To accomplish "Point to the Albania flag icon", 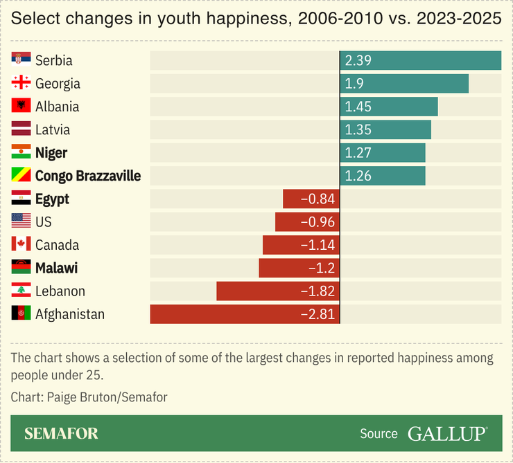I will pos(21,107).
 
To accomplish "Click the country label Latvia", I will pos(53,129).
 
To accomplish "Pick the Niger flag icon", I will pos(21,152).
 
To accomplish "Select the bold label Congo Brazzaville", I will pos(88,176).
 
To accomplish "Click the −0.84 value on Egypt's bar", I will pos(318,199).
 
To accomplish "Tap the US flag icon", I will pos(21,221).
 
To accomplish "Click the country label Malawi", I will pos(56,268).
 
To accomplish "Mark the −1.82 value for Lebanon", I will pos(318,291).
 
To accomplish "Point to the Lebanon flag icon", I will pos(21,291).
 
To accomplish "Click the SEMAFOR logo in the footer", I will pos(61,434).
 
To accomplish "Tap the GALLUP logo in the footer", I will pos(447,434).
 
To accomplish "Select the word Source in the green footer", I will pos(379,434).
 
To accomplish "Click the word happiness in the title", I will pos(247,19).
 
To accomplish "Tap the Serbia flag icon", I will pos(21,60).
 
